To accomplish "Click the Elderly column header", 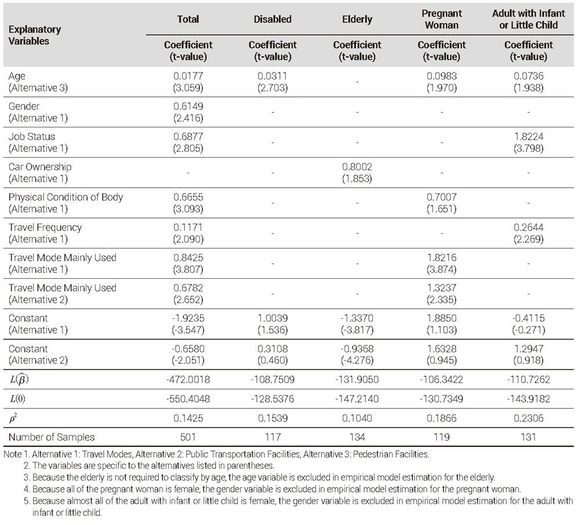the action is point(357,19).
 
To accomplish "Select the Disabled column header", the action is point(273,19).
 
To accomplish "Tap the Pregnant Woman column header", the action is point(441,19).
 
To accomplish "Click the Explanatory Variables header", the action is point(34,35).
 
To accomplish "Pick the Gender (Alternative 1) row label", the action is point(38,112).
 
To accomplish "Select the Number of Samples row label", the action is point(52,437).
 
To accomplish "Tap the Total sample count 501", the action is point(188,437).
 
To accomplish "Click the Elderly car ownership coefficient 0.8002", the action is point(357,167).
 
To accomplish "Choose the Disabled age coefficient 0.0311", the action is point(273,76).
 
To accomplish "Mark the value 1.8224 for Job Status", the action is point(528,137).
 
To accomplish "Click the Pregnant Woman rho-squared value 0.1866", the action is point(441,418).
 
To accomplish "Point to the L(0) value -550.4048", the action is point(188,399).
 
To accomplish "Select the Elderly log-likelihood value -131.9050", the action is point(357,380).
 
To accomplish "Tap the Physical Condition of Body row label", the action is point(66,203).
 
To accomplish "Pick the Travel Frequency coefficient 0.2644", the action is point(528,227).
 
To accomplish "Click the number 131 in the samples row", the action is point(528,437).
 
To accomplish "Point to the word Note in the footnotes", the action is point(12,454).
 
